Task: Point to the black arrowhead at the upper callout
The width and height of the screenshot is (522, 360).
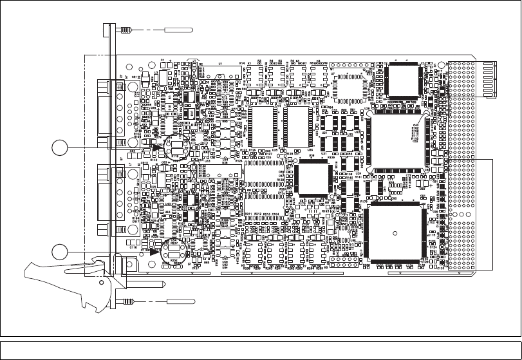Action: tap(156, 147)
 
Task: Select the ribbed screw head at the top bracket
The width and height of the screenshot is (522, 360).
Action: tap(126, 30)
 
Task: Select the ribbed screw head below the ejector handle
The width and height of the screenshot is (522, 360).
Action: tap(126, 301)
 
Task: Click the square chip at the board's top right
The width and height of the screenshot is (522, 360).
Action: tap(404, 81)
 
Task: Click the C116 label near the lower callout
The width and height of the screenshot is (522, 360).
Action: tap(133, 246)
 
